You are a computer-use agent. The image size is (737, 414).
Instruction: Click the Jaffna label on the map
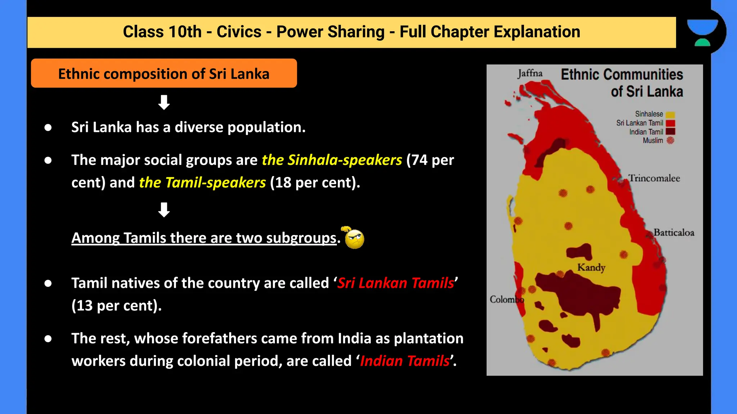[x=530, y=73]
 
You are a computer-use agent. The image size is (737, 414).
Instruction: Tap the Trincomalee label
[x=654, y=178]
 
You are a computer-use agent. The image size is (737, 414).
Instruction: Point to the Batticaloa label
[x=674, y=233]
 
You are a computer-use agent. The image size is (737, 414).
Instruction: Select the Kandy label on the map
[x=591, y=267]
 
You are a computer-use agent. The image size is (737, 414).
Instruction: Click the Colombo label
[x=506, y=299]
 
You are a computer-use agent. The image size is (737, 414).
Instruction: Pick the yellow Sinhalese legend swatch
[x=670, y=115]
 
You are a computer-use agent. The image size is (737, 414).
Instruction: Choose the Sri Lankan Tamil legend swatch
[x=670, y=123]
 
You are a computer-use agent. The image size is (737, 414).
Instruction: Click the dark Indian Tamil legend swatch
[x=670, y=132]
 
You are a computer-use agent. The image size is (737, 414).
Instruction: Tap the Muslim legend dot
[x=670, y=141]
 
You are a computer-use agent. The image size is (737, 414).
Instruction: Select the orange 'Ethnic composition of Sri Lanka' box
[x=164, y=73]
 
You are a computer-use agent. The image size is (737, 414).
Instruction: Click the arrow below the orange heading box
[x=164, y=102]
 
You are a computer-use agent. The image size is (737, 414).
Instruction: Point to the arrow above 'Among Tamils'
[x=164, y=210]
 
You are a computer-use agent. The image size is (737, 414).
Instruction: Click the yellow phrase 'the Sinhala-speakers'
[x=331, y=160]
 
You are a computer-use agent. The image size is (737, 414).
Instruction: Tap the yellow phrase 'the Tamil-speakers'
[x=202, y=183]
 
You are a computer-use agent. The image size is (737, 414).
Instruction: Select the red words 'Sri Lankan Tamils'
[x=395, y=283]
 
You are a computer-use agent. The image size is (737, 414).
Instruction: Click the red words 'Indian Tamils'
[x=405, y=361]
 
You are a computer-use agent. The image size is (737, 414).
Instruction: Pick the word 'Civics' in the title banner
[x=239, y=32]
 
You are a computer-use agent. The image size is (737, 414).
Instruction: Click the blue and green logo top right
[x=702, y=32]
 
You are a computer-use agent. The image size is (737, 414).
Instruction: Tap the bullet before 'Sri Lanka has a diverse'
[x=48, y=128]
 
